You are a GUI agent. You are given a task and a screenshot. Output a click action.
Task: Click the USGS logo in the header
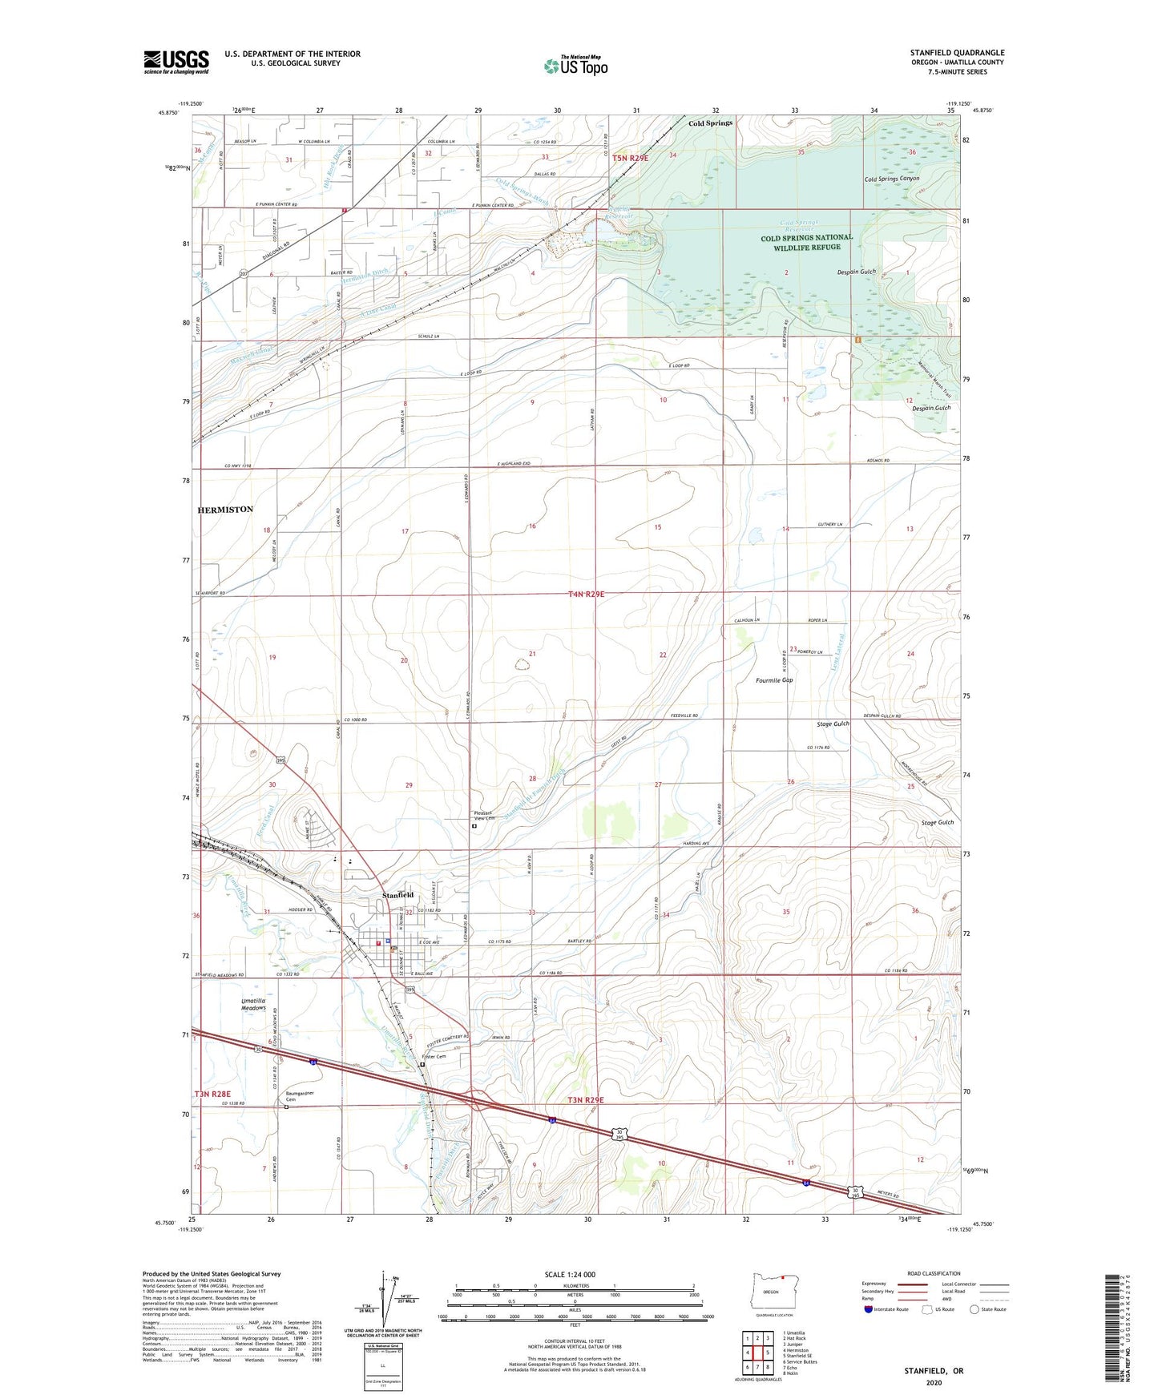pos(176,62)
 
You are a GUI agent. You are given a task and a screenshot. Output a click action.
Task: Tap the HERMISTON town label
pos(225,510)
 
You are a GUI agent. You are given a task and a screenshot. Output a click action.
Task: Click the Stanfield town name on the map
pos(398,894)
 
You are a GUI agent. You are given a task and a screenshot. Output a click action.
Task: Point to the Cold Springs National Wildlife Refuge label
pos(806,243)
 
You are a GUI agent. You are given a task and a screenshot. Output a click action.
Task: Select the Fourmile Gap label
pos(774,680)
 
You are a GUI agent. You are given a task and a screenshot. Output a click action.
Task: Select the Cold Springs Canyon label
pos(892,179)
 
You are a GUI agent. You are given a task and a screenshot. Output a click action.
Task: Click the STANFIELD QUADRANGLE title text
pos(957,53)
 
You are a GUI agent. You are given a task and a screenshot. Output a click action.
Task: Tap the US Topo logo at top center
pos(575,66)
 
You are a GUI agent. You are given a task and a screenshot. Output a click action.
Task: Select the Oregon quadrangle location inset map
pos(770,1292)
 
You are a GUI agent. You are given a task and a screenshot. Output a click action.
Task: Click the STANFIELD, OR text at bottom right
pos(934,1371)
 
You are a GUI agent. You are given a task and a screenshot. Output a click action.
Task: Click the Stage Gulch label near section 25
pos(938,822)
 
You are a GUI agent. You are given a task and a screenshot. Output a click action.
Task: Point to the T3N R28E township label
pos(212,1094)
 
